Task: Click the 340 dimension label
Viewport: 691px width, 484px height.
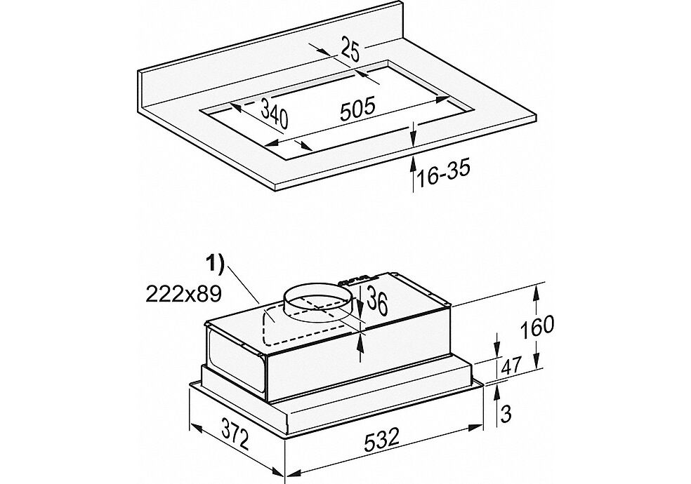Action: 274,114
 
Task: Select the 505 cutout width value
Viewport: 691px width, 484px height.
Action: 357,109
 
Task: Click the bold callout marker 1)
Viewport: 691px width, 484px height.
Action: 215,264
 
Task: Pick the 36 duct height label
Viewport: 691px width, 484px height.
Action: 378,300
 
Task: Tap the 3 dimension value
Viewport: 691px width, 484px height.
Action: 507,414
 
